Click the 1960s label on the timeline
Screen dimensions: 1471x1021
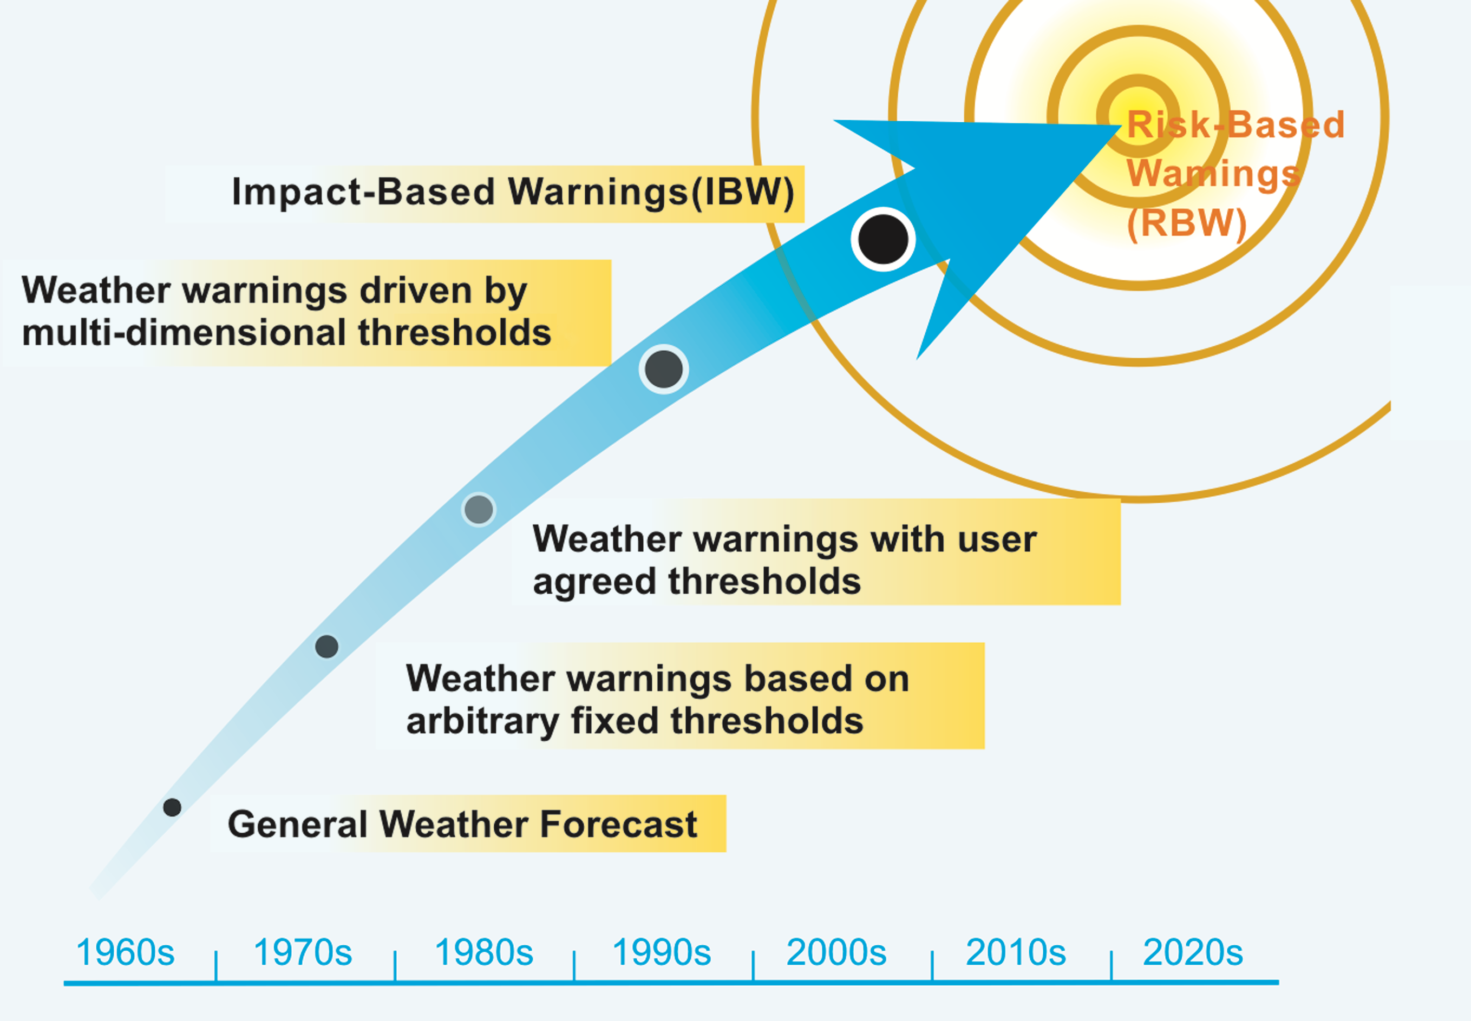tap(126, 952)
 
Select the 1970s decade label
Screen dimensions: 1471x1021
tap(303, 952)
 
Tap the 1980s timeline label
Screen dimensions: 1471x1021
tap(484, 952)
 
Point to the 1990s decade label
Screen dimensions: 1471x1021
tap(662, 952)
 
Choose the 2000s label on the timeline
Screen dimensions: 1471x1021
tap(836, 952)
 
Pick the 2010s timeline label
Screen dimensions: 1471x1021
tap(1016, 952)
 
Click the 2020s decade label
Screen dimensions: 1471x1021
tap(1193, 952)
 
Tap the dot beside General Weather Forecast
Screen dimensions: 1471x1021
tap(172, 807)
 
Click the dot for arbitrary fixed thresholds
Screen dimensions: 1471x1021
tap(326, 647)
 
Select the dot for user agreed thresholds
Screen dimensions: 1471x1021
tap(479, 510)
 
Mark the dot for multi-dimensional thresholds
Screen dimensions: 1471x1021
tap(664, 369)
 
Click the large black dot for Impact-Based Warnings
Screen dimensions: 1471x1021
tap(884, 239)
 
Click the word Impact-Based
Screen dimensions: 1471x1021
tap(364, 192)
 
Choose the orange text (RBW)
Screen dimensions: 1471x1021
tap(1187, 223)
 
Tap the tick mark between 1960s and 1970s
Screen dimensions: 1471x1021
tap(217, 966)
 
